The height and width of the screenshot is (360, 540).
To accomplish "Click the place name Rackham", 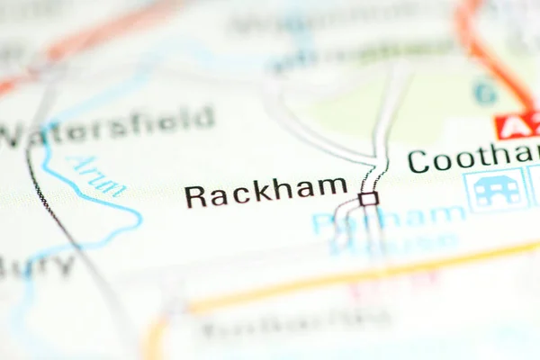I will click(x=265, y=192).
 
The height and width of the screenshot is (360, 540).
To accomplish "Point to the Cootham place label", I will click(x=472, y=157).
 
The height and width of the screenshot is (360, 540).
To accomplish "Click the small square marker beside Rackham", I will click(x=367, y=198).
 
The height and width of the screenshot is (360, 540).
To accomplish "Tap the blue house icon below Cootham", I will click(x=495, y=190).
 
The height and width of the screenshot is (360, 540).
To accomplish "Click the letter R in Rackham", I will click(x=195, y=195).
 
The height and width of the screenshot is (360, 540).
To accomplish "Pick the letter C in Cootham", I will click(x=418, y=161).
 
